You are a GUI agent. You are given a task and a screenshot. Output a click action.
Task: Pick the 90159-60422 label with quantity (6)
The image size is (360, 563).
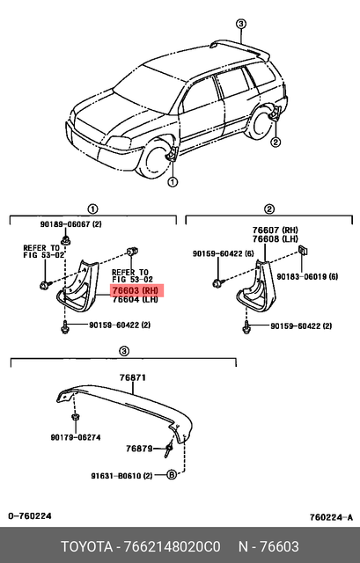pyautogui.click(x=224, y=254)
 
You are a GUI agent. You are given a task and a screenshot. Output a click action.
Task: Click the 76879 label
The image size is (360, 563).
pyautogui.click(x=139, y=448)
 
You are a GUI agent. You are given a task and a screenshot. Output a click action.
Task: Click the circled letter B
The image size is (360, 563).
pyautogui.click(x=172, y=476)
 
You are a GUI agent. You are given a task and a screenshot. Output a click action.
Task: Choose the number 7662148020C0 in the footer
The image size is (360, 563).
pyautogui.click(x=171, y=546)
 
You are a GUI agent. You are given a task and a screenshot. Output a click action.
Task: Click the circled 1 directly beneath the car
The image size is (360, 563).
pyautogui.click(x=172, y=183)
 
